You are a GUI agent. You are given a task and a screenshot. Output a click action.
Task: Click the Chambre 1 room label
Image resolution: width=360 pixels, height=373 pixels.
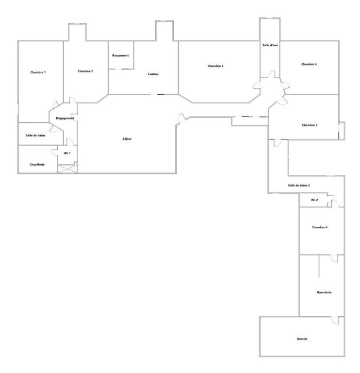[x=38, y=72]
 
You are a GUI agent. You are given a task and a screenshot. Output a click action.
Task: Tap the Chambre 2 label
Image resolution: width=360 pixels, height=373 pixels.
[x=85, y=71]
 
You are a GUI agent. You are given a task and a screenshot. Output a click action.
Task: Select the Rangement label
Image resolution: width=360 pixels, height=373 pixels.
[x=120, y=55]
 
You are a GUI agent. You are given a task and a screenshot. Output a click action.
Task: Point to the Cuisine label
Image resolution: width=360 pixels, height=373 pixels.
[x=153, y=74]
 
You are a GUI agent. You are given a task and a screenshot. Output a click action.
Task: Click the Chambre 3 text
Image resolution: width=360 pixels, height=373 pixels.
[x=215, y=66]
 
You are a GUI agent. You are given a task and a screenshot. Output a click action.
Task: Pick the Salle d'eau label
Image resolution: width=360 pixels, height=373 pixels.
[x=270, y=45]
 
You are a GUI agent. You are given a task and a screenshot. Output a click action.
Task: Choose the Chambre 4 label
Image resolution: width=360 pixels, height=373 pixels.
[x=309, y=64]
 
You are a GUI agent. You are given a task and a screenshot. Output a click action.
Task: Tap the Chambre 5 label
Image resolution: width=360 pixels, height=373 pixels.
[x=310, y=125]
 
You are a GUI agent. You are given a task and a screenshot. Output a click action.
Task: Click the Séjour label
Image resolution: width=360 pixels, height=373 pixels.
[x=127, y=139]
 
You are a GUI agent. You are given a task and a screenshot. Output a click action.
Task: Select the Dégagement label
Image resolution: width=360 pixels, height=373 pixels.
[x=65, y=118]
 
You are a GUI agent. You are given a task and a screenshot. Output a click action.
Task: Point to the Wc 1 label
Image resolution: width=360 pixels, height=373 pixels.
[x=67, y=153]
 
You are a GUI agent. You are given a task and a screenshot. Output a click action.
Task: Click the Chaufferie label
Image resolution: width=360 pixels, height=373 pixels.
[x=37, y=164]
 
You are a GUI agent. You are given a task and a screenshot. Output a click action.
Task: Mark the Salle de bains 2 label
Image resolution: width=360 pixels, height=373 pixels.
[x=299, y=186]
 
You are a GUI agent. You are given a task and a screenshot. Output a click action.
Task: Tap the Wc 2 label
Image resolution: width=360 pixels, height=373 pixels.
[x=314, y=200]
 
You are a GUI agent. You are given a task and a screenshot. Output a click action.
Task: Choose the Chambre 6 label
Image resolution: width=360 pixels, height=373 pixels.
[x=320, y=227]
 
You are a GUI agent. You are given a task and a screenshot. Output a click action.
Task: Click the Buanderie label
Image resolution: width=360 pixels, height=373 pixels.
[x=324, y=292]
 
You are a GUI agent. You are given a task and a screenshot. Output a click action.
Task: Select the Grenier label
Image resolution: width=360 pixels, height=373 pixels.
[x=302, y=339]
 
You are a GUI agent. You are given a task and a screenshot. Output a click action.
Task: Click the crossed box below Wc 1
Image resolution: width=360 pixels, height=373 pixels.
[x=67, y=169]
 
